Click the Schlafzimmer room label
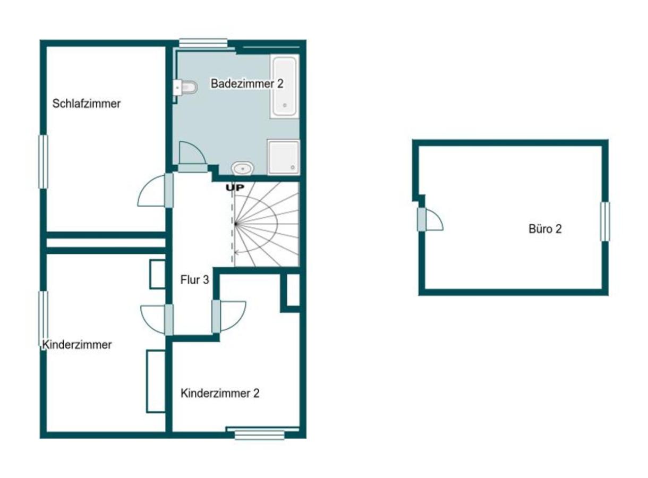pyautogui.click(x=86, y=104)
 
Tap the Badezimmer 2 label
pyautogui.click(x=247, y=83)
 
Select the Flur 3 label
pyautogui.click(x=194, y=280)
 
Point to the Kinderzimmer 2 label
pyautogui.click(x=220, y=393)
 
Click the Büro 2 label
pyautogui.click(x=545, y=229)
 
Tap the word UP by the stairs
pyautogui.click(x=235, y=188)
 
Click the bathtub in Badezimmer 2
pyautogui.click(x=284, y=86)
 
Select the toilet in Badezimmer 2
pyautogui.click(x=186, y=87)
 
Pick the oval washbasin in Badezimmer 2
pyautogui.click(x=242, y=168)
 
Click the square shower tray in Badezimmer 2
pyautogui.click(x=283, y=157)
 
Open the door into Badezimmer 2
pyautogui.click(x=192, y=157)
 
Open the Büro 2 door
pyautogui.click(x=430, y=219)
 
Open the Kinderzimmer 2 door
pyautogui.click(x=229, y=317)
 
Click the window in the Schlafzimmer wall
pyautogui.click(x=44, y=162)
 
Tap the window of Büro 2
pyautogui.click(x=605, y=222)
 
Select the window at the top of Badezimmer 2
pyautogui.click(x=203, y=44)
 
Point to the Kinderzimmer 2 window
pyautogui.click(x=260, y=434)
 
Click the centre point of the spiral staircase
pyautogui.click(x=236, y=224)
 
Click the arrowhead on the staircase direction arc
pyautogui.click(x=236, y=252)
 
